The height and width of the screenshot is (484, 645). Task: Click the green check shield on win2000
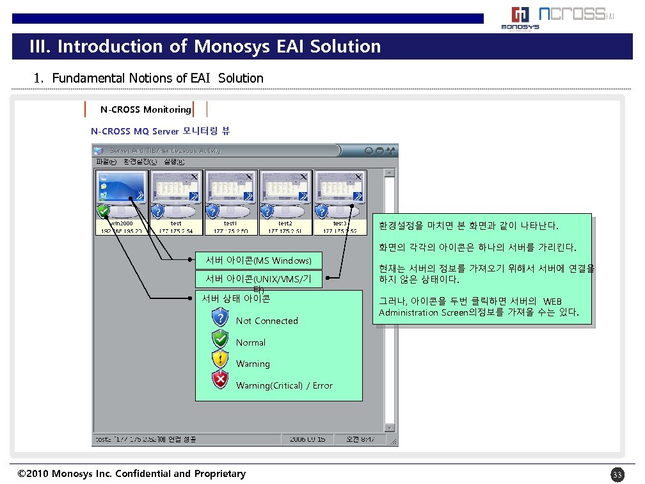(x=103, y=211)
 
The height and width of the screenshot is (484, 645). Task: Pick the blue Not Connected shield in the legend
(x=220, y=318)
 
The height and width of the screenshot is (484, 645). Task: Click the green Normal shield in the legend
(x=220, y=339)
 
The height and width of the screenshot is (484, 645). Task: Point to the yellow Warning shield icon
(x=220, y=360)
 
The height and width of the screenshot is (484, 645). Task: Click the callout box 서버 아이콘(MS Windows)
(x=258, y=261)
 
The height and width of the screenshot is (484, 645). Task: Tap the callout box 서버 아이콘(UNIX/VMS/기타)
(x=258, y=280)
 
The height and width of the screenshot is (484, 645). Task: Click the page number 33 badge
(x=617, y=474)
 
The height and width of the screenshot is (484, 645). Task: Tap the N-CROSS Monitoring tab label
(x=145, y=109)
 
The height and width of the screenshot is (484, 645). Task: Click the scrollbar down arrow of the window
(x=390, y=428)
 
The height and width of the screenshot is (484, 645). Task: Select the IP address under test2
(x=285, y=230)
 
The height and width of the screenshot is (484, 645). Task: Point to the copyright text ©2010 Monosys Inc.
(x=131, y=474)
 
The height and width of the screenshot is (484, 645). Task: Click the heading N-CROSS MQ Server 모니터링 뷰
(x=160, y=131)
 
